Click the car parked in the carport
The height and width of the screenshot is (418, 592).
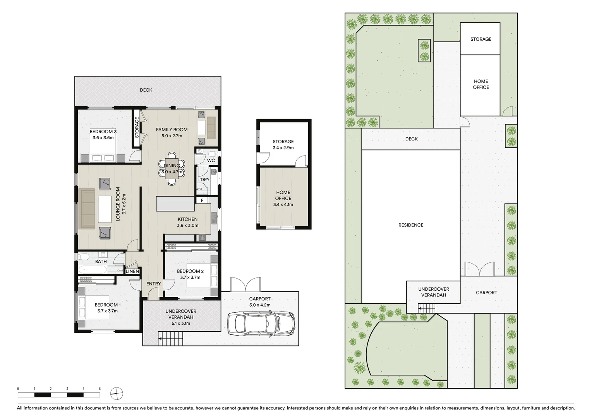click(x=261, y=324)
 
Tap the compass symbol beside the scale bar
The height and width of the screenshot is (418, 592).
click(x=117, y=394)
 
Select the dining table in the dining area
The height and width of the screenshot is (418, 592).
click(x=172, y=169)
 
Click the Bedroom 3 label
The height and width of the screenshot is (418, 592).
click(x=103, y=132)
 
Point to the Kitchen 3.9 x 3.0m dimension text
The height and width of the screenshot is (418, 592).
click(x=188, y=225)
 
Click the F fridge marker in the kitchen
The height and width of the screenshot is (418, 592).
click(x=202, y=200)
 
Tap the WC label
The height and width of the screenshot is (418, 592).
click(x=211, y=160)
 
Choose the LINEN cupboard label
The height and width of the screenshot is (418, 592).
click(x=132, y=271)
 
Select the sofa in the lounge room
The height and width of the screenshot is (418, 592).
click(x=87, y=209)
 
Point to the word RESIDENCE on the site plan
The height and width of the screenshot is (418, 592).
click(x=411, y=225)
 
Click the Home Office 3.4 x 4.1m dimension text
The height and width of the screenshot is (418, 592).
click(x=283, y=204)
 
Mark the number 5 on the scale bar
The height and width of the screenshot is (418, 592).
click(x=100, y=389)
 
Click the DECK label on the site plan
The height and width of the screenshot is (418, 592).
click(x=412, y=139)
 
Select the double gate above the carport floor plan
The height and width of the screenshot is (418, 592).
click(x=245, y=284)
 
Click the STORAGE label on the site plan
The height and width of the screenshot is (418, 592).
click(x=481, y=39)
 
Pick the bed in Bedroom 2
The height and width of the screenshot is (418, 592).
click(x=202, y=275)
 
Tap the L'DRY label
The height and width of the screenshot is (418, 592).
click(x=203, y=180)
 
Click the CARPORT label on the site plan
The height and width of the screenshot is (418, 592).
click(x=487, y=293)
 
